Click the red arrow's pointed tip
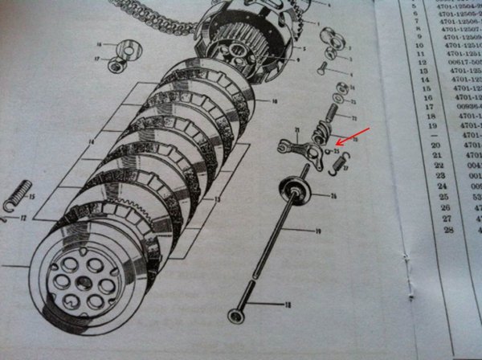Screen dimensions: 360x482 (336, 145)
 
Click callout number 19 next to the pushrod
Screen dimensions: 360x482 (318, 231)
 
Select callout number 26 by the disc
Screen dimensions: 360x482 (333, 195)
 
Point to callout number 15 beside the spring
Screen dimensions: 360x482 (30, 195)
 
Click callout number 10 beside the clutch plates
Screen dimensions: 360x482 (275, 102)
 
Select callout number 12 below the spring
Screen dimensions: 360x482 (24, 219)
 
